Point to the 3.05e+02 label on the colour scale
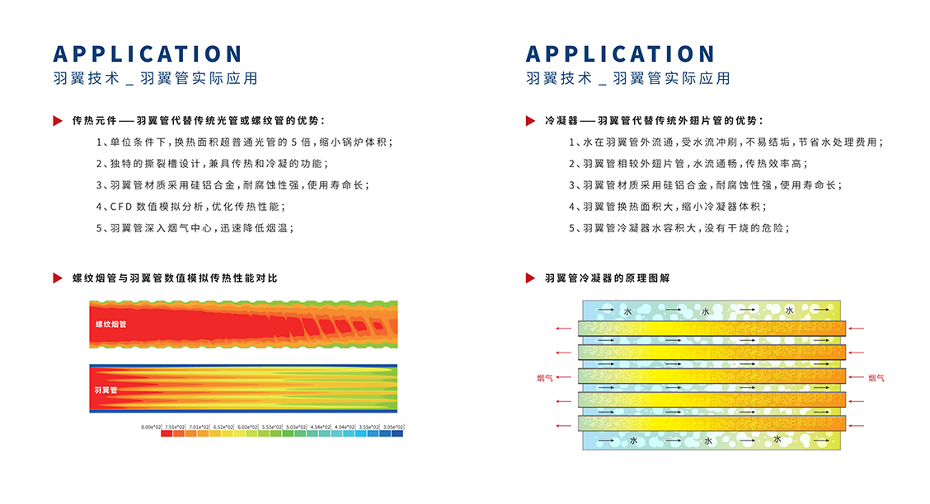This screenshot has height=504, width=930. [x=394, y=427]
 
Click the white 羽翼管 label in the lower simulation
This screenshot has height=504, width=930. [x=106, y=390]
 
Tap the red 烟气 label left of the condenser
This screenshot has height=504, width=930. [x=544, y=378]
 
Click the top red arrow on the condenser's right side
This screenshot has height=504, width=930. [x=857, y=329]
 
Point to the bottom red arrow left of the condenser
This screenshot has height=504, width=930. [x=565, y=425]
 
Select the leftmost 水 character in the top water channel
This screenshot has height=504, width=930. [x=627, y=311]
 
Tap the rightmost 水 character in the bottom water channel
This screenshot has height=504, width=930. [x=777, y=440]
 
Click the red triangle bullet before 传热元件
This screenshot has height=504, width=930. [x=58, y=121]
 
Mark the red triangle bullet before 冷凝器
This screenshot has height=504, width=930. [x=531, y=121]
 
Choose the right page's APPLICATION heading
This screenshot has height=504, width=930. [x=621, y=54]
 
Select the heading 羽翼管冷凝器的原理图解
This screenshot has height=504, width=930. [x=608, y=278]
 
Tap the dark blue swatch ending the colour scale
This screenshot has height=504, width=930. [x=397, y=434]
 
